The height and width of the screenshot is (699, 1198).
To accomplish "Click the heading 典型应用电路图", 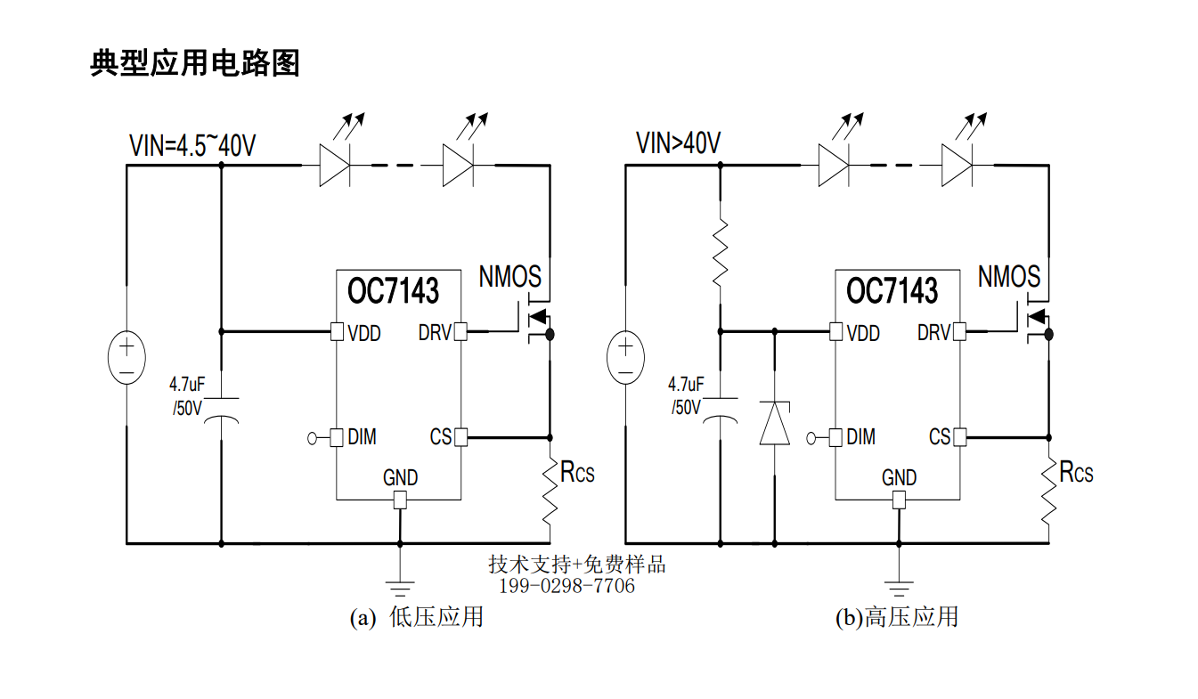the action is click(195, 63).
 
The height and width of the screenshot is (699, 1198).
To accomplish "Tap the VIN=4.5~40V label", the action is click(192, 145).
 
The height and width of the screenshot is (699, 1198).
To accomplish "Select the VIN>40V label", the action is click(678, 142).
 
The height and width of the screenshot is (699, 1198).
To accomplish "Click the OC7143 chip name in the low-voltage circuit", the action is click(393, 291).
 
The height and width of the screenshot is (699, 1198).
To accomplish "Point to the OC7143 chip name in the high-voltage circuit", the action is click(892, 291).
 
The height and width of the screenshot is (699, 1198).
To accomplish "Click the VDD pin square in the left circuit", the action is click(337, 331).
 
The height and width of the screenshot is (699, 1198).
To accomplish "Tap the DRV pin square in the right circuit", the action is click(959, 331).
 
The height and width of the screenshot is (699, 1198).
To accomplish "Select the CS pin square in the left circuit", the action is click(460, 437).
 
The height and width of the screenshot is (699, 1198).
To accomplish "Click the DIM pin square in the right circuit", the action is click(835, 437).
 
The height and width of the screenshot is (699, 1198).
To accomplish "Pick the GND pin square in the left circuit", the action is click(400, 500).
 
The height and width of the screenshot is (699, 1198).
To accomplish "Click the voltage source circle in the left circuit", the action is click(126, 357).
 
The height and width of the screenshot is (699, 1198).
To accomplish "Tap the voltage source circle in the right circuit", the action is click(626, 357).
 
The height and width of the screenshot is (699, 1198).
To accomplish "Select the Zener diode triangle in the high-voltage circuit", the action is click(774, 423).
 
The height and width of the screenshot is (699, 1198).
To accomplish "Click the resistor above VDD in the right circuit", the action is click(721, 251).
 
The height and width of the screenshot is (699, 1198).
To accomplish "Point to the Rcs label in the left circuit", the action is click(577, 472).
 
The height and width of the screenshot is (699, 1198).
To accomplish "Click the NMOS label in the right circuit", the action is click(1009, 277).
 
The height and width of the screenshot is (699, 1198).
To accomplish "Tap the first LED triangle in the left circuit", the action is click(335, 166).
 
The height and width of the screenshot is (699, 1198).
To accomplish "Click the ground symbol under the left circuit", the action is click(400, 589).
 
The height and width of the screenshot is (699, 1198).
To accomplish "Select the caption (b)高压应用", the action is click(897, 617).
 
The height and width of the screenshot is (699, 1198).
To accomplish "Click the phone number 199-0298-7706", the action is click(566, 586).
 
